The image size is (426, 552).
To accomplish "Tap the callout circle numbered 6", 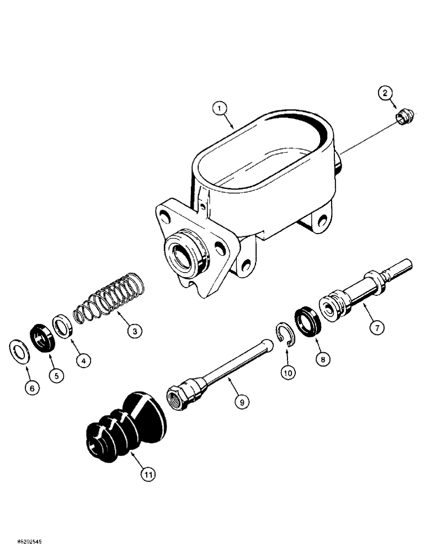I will click(x=31, y=388).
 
